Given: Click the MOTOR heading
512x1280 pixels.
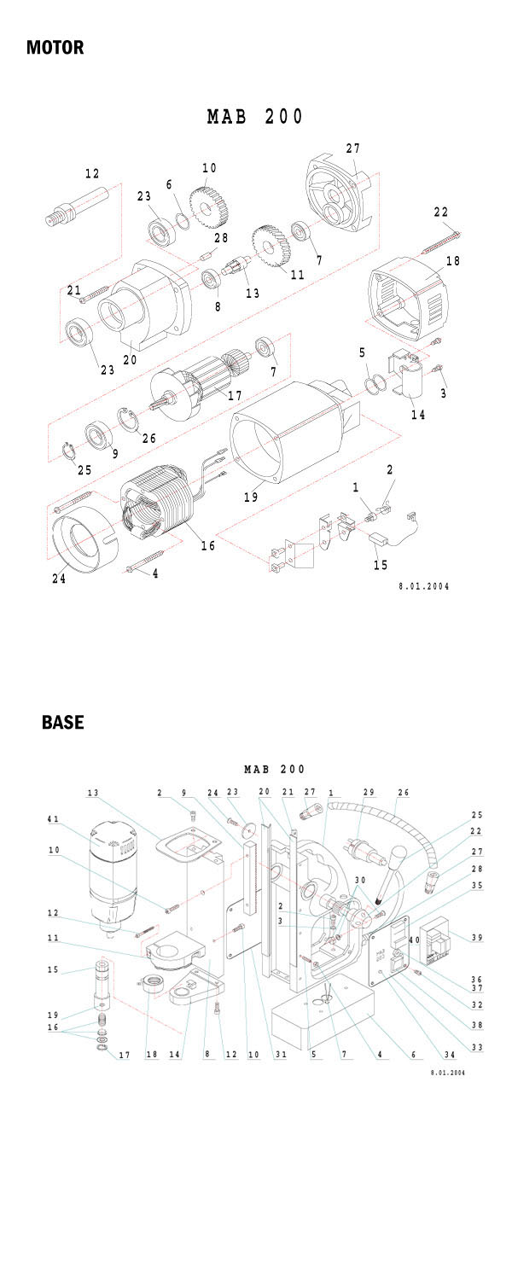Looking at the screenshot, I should [55, 47].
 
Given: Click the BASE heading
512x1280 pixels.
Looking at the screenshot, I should [63, 722].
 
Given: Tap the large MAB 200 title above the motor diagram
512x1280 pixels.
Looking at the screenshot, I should [255, 117].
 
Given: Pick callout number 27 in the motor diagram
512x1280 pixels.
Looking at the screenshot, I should [353, 148].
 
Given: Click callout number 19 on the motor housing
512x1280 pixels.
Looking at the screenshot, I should [251, 496].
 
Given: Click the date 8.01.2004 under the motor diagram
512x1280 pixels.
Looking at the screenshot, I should [424, 586].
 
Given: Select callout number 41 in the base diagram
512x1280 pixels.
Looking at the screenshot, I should [54, 820].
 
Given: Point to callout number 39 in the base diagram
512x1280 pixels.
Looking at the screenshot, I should [476, 938].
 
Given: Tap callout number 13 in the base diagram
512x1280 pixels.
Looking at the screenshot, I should [91, 793].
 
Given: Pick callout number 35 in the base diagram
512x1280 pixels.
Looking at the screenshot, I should [476, 885].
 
